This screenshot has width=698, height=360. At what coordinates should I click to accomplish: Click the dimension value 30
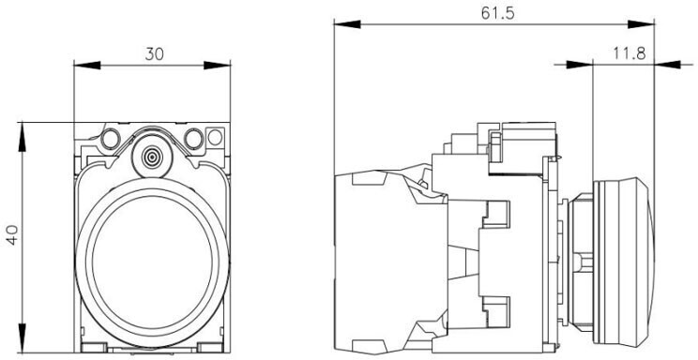coord(155,53)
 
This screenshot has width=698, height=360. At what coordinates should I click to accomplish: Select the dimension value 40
coord(12,234)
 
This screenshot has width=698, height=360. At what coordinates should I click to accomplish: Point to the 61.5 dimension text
coord(497,13)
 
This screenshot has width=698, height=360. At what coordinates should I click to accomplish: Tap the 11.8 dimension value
coord(630,53)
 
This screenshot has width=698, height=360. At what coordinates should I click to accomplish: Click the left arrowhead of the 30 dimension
coord(87,66)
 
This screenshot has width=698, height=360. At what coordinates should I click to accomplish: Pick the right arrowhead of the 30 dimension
coord(218,66)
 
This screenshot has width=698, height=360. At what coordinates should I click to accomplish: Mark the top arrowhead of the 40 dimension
coord(23,136)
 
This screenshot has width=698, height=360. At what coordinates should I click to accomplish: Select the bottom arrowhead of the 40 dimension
coord(23,338)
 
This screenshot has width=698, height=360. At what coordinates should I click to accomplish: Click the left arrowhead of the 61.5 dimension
coord(347,24)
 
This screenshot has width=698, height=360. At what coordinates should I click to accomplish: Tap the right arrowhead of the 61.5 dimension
coord(641,24)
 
